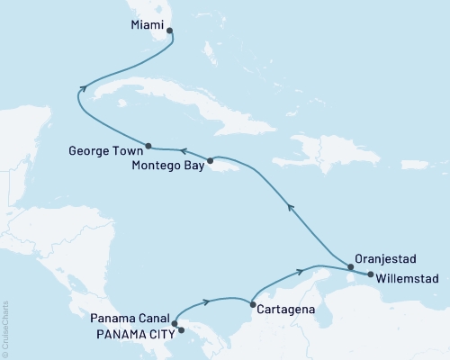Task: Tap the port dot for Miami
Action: click(169, 31)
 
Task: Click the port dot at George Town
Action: click(148, 145)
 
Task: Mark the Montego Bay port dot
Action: click(210, 162)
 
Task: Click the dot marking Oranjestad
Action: click(350, 265)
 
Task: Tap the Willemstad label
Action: click(408, 278)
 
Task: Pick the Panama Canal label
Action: click(130, 318)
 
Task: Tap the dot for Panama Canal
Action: click(175, 322)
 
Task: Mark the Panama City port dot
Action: click(182, 330)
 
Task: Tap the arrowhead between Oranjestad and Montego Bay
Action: click(290, 208)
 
